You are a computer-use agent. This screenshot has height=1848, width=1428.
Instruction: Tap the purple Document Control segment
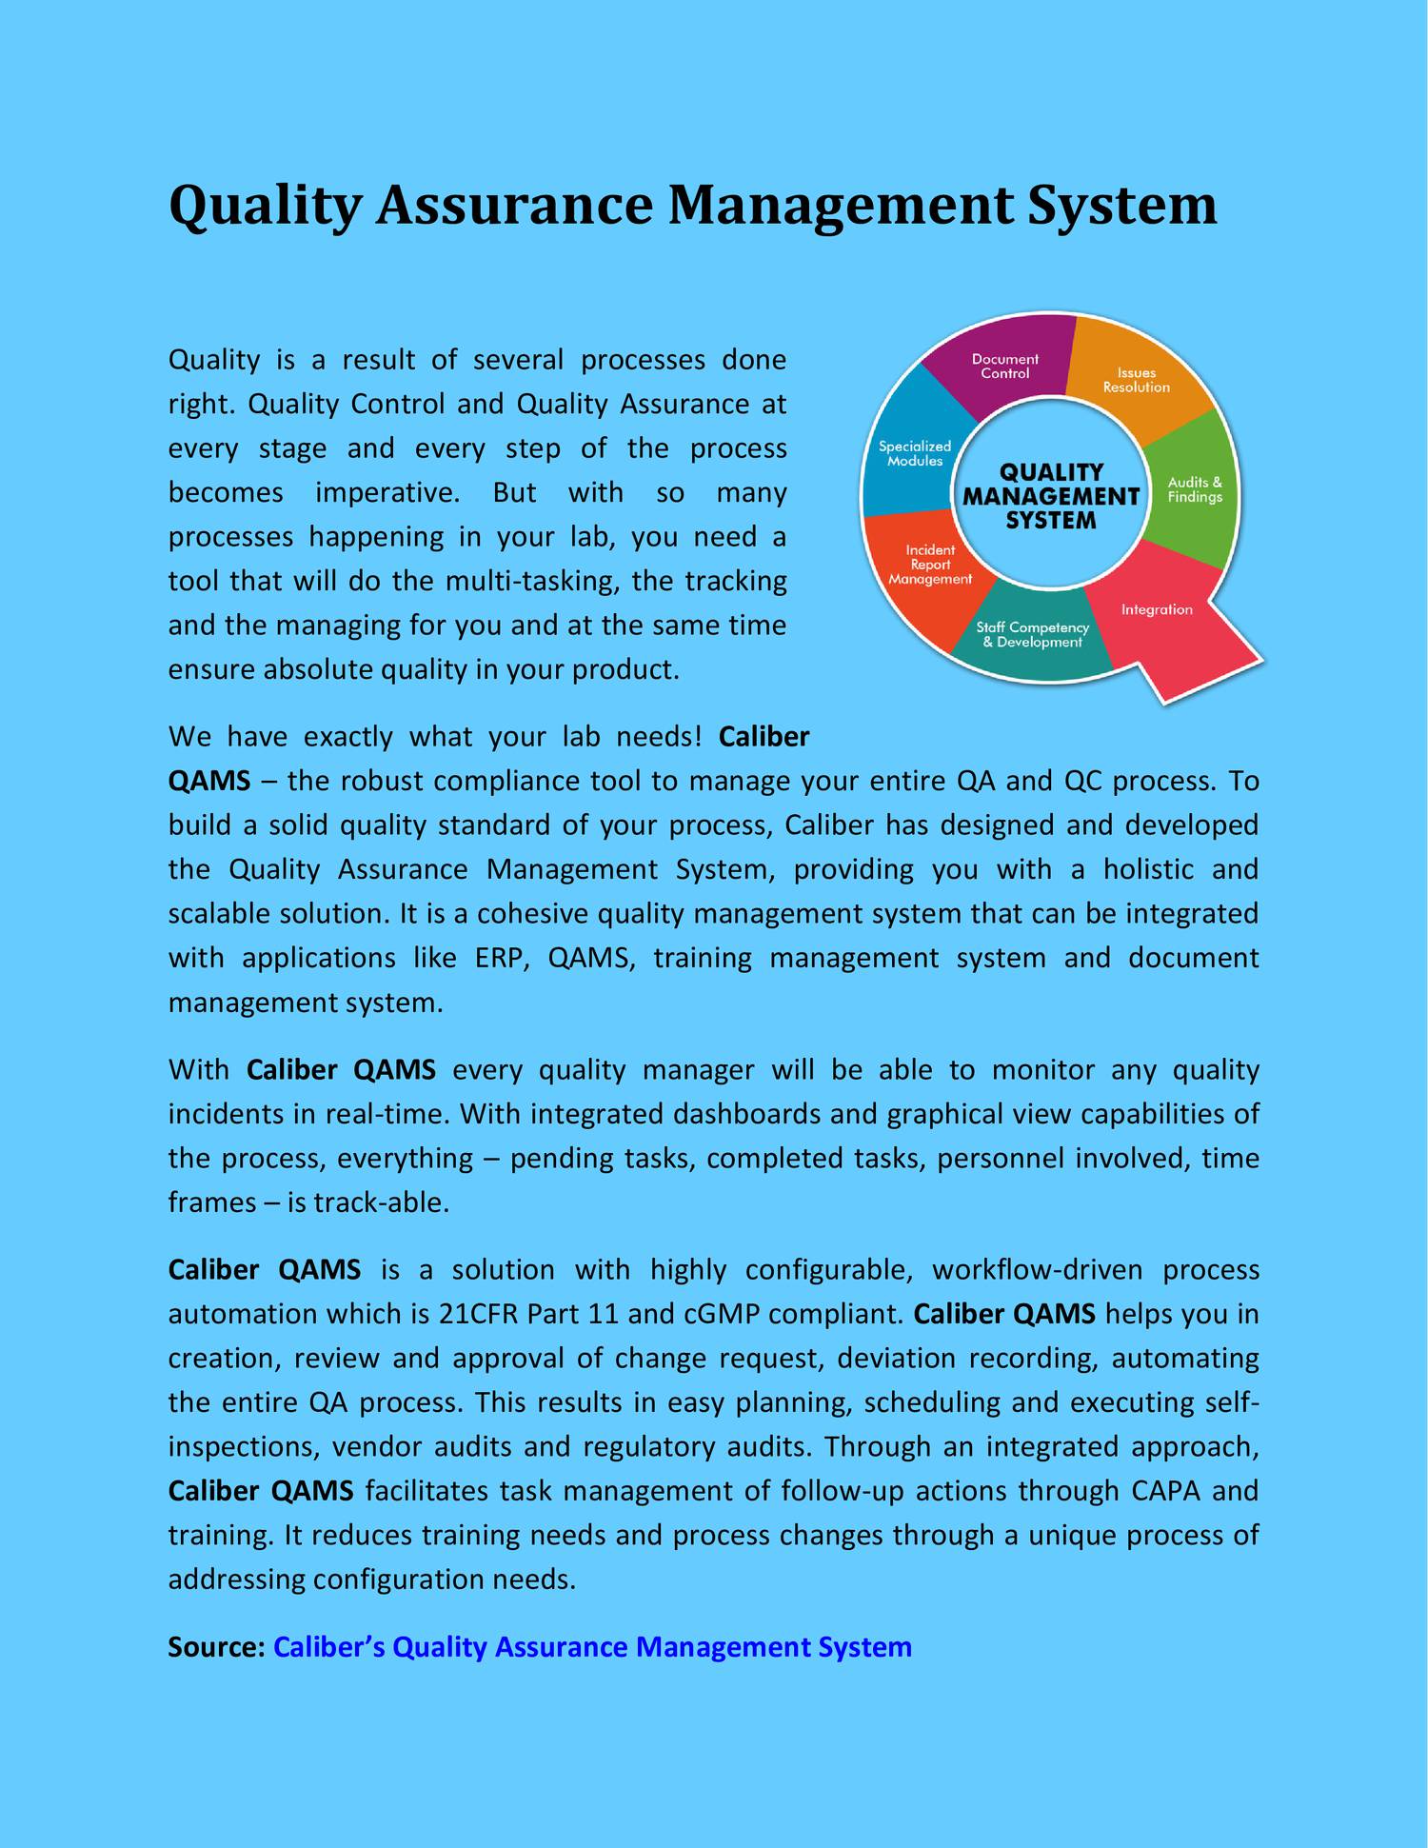coord(1004,366)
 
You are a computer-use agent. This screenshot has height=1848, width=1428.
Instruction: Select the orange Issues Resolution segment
coord(1136,380)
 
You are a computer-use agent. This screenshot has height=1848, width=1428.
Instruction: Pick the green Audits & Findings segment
coord(1194,489)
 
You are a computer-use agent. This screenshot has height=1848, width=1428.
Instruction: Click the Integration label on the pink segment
coord(1157,609)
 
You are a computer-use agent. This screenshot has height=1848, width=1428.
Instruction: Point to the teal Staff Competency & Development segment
coord(1033,634)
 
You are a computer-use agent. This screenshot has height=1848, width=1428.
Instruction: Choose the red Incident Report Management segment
coord(929,564)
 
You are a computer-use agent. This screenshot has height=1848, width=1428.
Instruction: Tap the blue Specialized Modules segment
coord(914,453)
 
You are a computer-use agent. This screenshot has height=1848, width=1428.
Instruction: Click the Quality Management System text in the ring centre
coord(1050,496)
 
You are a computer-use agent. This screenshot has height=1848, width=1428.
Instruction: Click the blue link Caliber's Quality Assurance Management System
coord(592,1646)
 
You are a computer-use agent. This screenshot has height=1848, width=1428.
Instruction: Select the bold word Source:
coord(216,1646)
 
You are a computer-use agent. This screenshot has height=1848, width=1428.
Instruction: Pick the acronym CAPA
coord(1166,1491)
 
